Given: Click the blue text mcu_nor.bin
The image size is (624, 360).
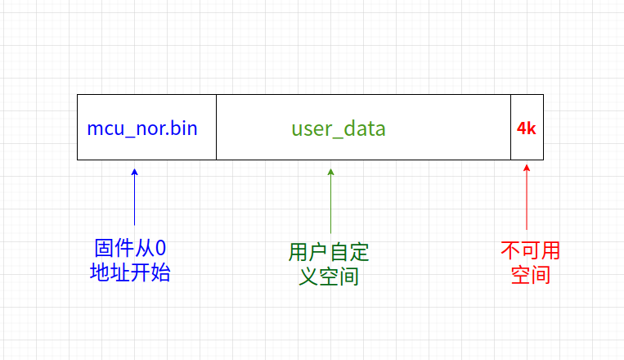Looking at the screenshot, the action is point(142,128).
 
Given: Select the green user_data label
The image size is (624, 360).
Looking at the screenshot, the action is point(339,129).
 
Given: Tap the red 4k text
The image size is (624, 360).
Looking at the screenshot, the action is point(526,128).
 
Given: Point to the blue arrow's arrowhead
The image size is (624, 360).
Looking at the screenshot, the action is point(134,172).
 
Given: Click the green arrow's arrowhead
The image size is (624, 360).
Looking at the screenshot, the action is point(330,172).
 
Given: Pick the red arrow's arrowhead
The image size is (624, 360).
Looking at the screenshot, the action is point(527,168).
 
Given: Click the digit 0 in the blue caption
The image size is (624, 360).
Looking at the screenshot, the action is point(160,248).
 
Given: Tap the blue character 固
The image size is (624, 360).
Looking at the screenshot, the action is point(104,248).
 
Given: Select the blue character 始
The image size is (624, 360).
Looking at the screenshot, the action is point(160,272).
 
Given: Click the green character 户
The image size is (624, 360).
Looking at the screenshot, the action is point(319,252).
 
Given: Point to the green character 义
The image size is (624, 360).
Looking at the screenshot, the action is point(308,277).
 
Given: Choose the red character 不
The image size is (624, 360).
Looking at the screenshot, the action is point(510,250).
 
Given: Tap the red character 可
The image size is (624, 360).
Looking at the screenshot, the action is point(530,250).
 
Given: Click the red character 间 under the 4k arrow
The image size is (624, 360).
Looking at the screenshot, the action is point(541,275).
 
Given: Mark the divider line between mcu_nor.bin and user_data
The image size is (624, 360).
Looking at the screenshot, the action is point(216,128).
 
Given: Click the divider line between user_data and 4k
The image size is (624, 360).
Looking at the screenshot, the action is point(510,128).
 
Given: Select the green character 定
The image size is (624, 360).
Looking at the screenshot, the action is point(359,252).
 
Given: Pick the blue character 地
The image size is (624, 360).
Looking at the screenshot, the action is point(100,272).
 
